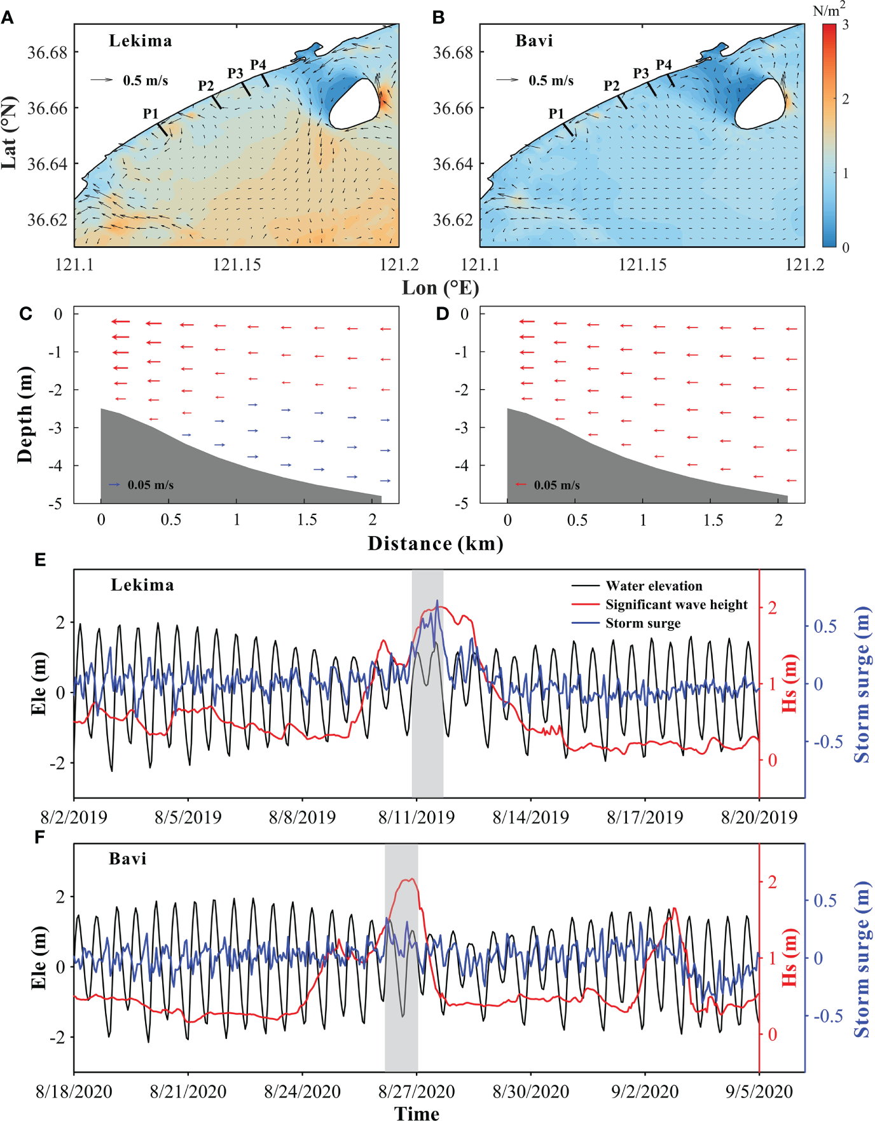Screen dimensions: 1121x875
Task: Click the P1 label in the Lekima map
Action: tap(151, 114)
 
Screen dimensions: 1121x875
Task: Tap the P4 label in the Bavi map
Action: tap(664, 65)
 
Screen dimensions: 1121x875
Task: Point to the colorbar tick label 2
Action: tap(845, 99)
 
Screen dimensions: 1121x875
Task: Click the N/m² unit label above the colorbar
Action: tap(829, 10)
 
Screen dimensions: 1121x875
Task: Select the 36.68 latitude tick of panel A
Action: tap(47, 52)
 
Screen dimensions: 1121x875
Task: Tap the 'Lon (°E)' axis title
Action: tap(440, 288)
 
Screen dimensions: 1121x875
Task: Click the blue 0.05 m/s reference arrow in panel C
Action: tap(114, 485)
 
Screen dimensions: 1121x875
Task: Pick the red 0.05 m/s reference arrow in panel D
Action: tap(521, 485)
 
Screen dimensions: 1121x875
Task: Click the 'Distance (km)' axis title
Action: tap(436, 544)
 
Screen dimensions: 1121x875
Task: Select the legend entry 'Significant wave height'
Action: tap(676, 605)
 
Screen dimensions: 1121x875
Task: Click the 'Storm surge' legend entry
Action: tap(642, 623)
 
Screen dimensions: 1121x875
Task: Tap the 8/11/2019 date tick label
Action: tap(417, 817)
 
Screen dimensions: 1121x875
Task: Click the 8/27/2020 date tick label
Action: tap(417, 1092)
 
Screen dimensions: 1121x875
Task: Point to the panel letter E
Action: tap(39, 560)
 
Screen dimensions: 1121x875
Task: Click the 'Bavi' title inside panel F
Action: tap(128, 859)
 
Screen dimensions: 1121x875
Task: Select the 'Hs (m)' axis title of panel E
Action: tap(789, 684)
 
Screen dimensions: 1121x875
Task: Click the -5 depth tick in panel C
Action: tap(57, 504)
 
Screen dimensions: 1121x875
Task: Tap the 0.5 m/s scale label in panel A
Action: tap(146, 81)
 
